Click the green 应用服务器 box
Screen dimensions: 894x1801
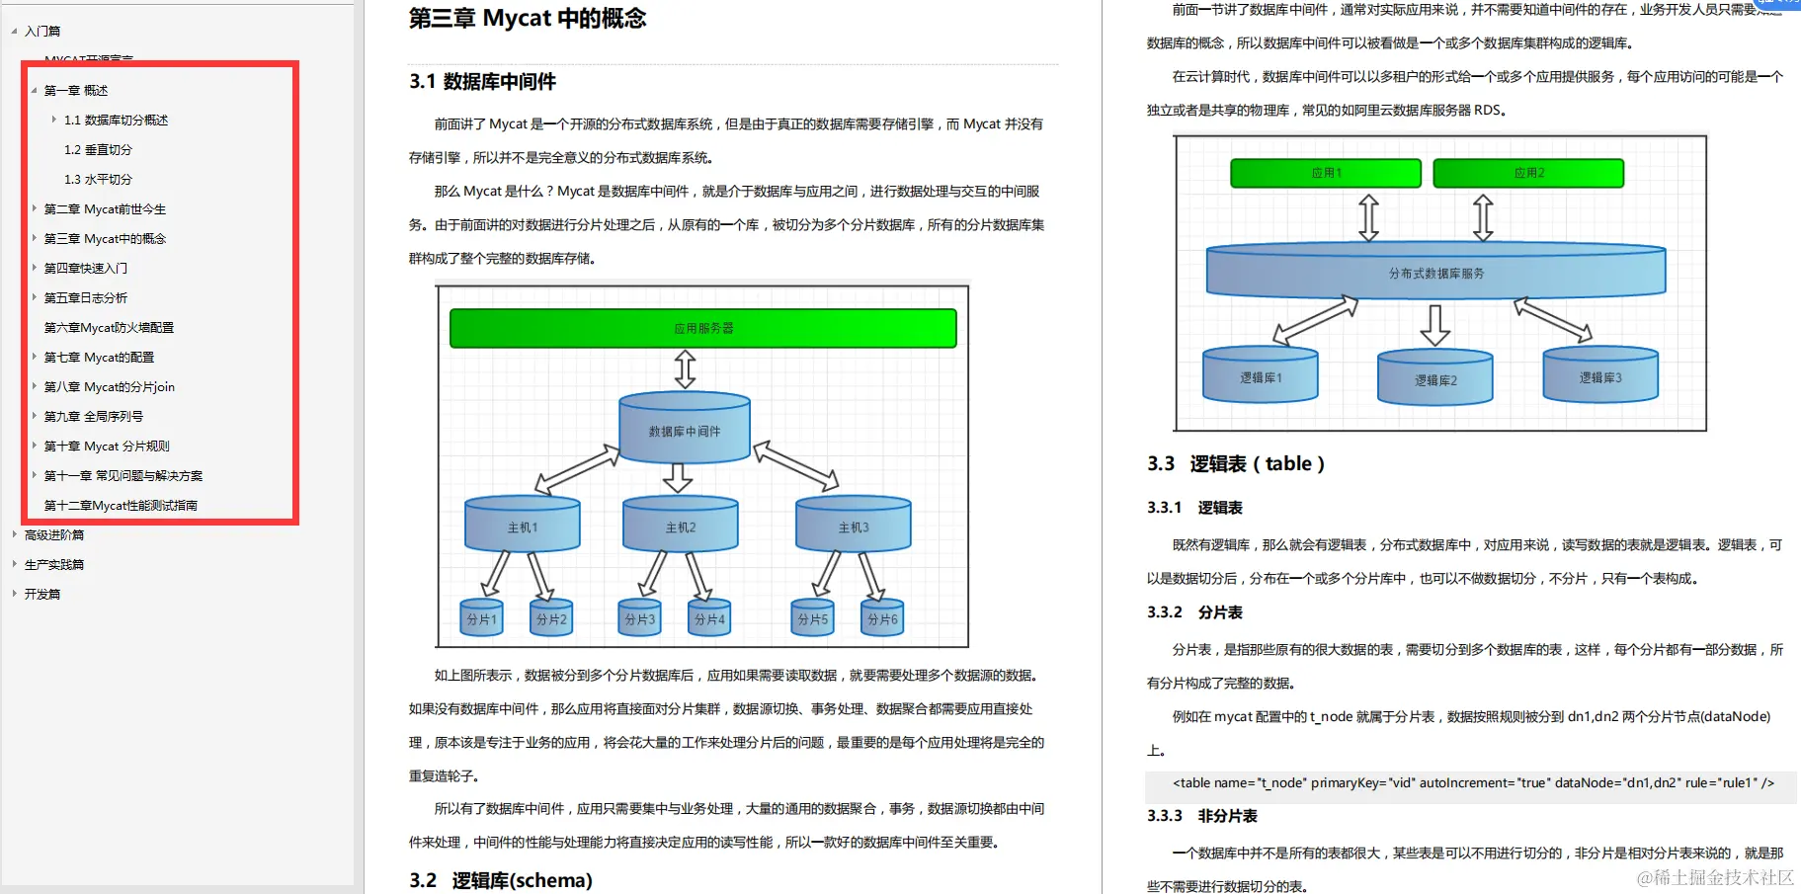702,328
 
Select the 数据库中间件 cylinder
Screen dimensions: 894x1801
684,431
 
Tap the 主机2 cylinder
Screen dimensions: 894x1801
680,527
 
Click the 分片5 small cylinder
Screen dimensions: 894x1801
812,618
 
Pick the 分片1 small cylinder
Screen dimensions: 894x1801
482,618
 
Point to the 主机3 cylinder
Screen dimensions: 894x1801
853,527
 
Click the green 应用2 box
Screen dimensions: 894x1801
1527,173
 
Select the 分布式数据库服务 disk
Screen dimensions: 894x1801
1435,273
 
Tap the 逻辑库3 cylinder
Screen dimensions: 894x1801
1599,376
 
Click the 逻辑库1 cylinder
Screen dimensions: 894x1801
1260,377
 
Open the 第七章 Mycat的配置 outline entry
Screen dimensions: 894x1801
99,358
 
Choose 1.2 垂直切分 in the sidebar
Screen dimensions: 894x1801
98,150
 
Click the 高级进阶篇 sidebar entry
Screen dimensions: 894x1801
54,535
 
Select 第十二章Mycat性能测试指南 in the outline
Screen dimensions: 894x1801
121,506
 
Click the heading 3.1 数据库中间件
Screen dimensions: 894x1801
482,82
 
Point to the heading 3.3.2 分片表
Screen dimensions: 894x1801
1194,612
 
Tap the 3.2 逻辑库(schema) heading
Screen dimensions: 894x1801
501,880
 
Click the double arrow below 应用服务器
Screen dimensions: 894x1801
685,369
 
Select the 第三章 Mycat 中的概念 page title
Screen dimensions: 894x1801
527,19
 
